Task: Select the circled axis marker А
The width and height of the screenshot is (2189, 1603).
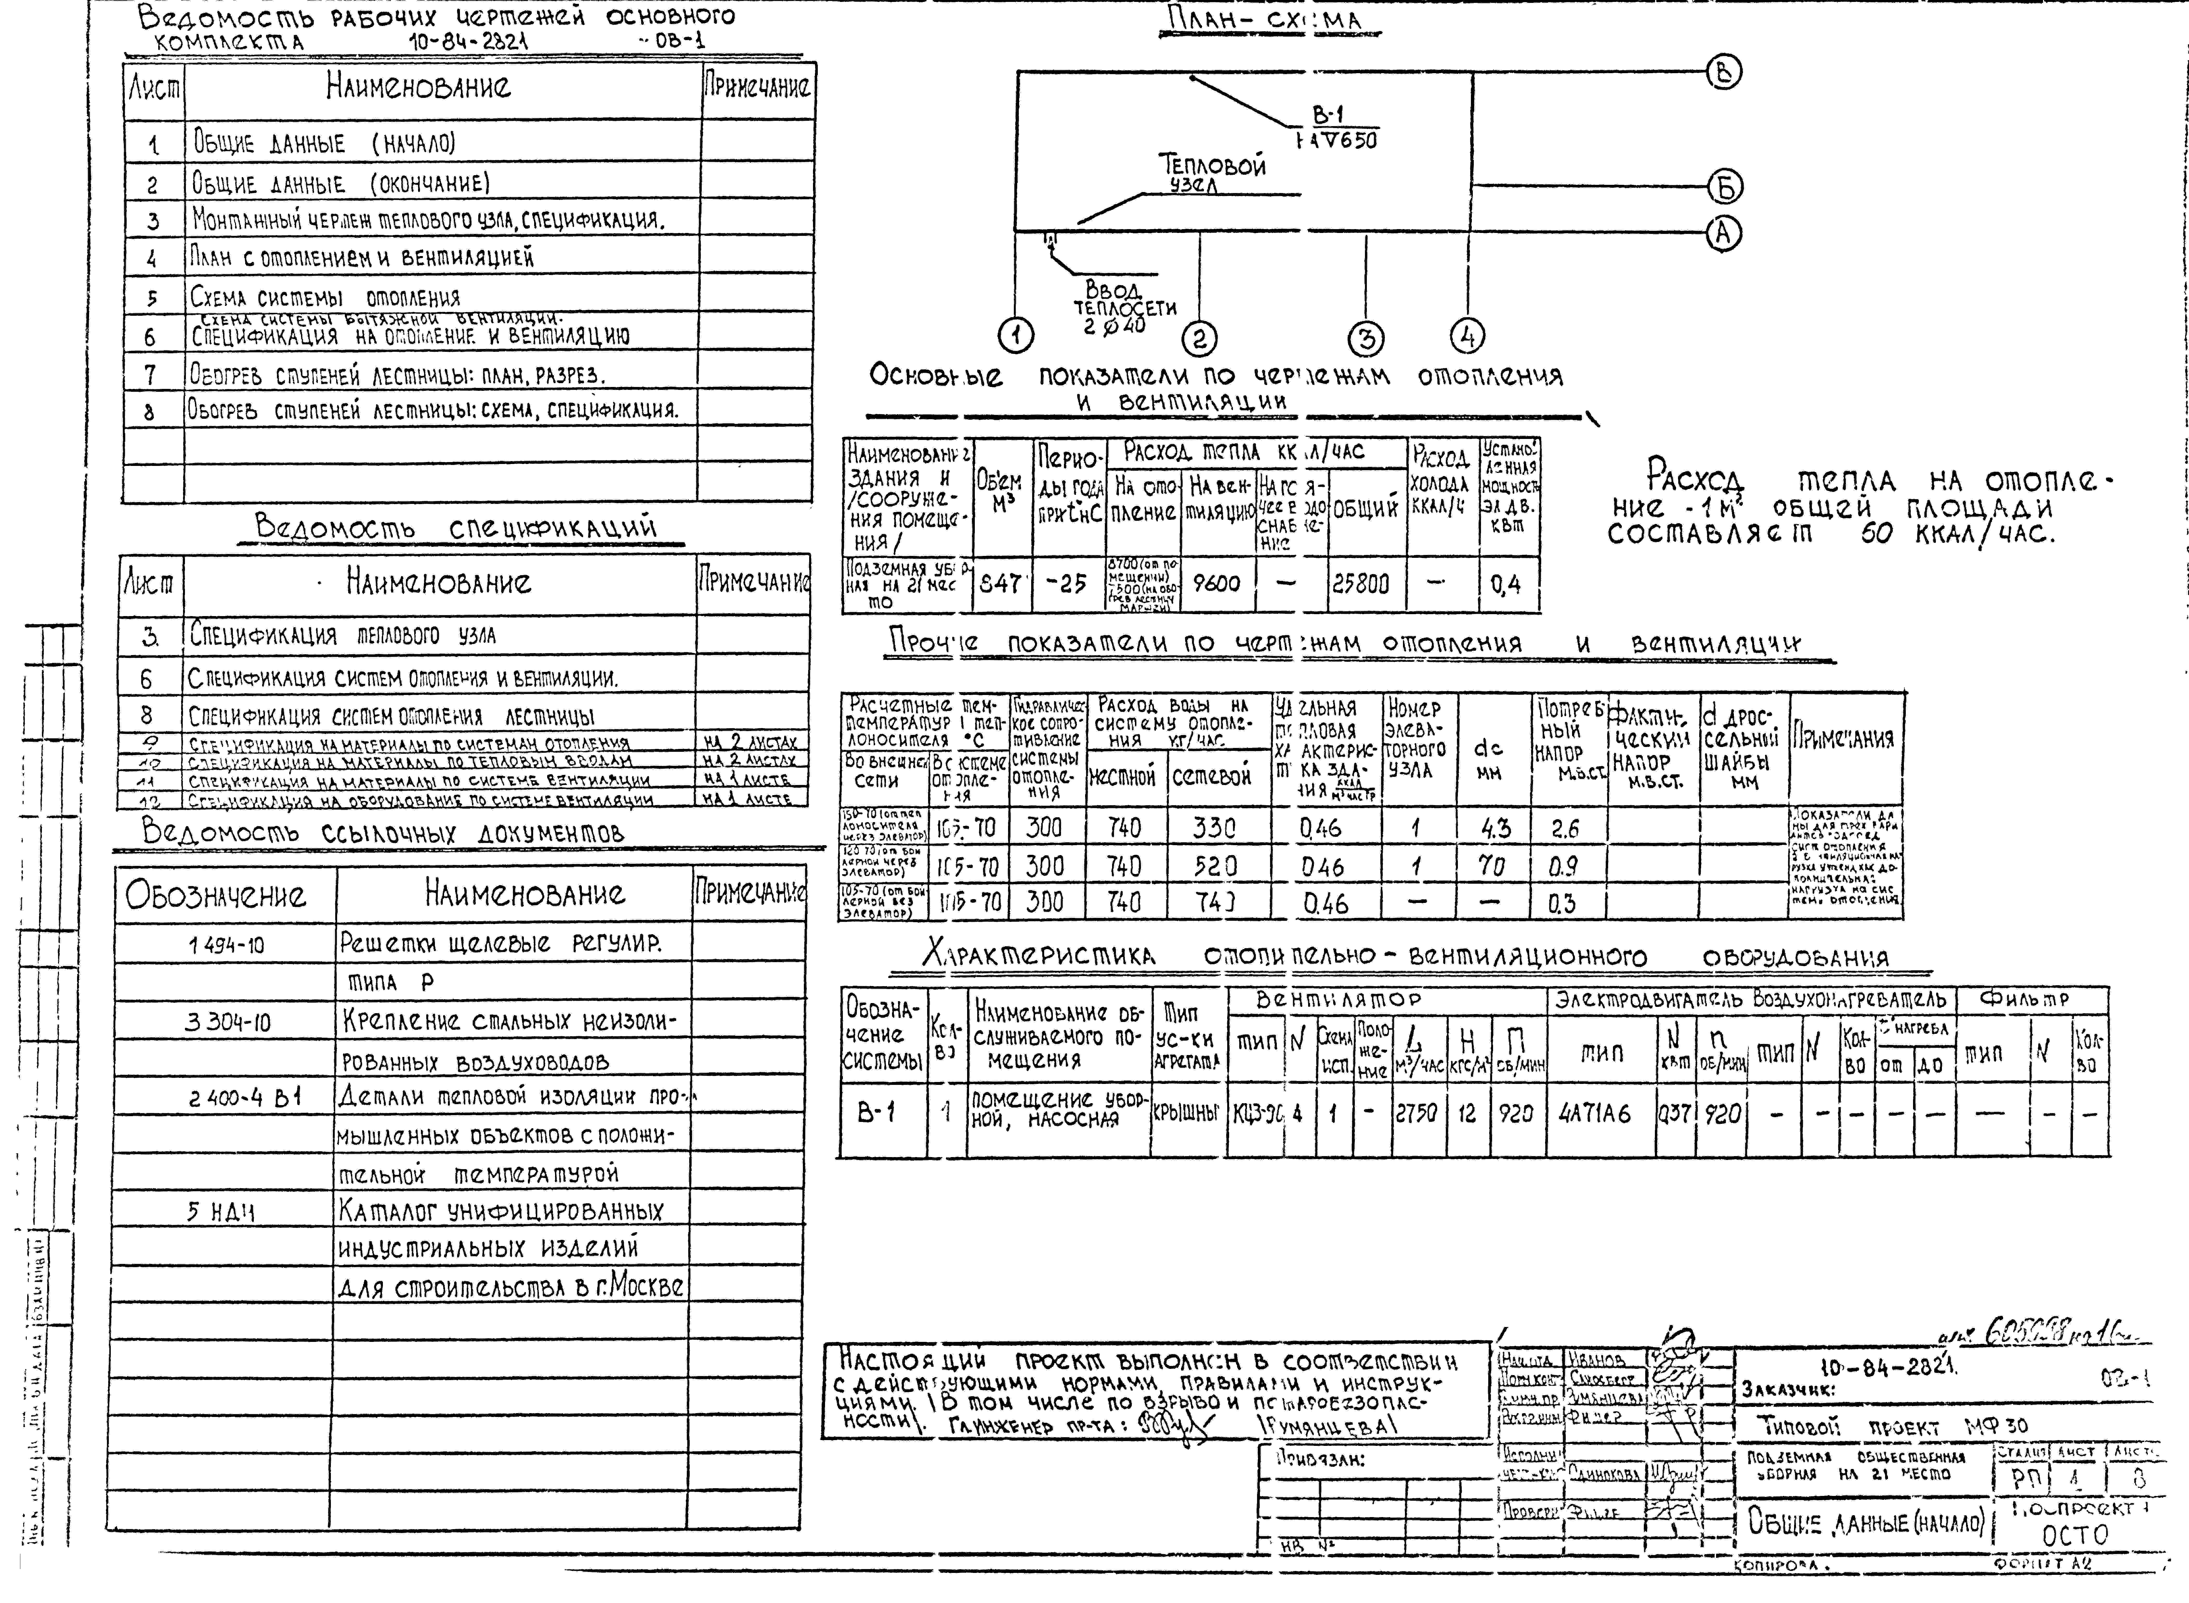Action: pos(1724,233)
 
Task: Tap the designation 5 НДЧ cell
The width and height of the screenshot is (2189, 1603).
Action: pos(221,1211)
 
